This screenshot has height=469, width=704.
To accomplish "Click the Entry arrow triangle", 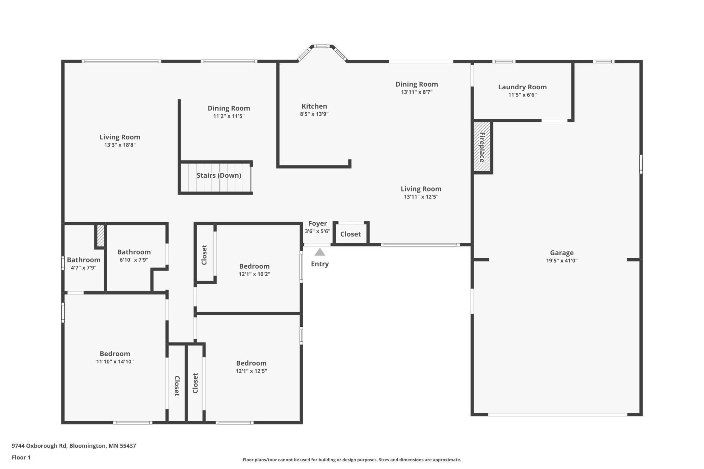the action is (x=320, y=252).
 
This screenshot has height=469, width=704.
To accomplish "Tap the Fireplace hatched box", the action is (x=482, y=147).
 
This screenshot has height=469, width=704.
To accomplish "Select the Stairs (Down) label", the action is (x=219, y=175).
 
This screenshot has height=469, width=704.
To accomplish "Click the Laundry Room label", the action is (x=522, y=87).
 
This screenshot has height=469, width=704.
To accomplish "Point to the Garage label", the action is (x=562, y=253).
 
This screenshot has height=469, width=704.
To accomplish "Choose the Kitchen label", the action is (x=314, y=106).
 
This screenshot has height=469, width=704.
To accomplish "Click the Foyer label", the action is (x=317, y=223).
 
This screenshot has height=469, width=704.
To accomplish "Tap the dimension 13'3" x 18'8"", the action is (x=120, y=145).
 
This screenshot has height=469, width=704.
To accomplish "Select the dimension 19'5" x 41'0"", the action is (x=562, y=261).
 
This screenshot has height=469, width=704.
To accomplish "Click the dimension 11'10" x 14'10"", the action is (x=115, y=361).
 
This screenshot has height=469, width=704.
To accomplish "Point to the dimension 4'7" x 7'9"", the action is (x=84, y=268).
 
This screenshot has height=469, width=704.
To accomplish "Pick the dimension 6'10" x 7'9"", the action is (x=134, y=260).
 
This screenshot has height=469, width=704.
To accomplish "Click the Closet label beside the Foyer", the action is (x=350, y=234).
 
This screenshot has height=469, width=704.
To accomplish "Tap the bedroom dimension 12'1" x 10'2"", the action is (x=254, y=274).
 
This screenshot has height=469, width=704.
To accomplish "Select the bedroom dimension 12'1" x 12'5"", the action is (x=251, y=371).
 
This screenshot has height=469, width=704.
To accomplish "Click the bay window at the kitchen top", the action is (x=322, y=46).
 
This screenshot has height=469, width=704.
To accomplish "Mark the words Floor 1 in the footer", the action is (x=21, y=457).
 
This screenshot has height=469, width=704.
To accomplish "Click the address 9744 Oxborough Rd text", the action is (x=39, y=446).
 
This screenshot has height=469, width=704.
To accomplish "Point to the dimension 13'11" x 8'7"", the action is (x=417, y=92).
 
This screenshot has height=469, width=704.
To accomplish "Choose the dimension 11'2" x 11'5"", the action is (x=229, y=116).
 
